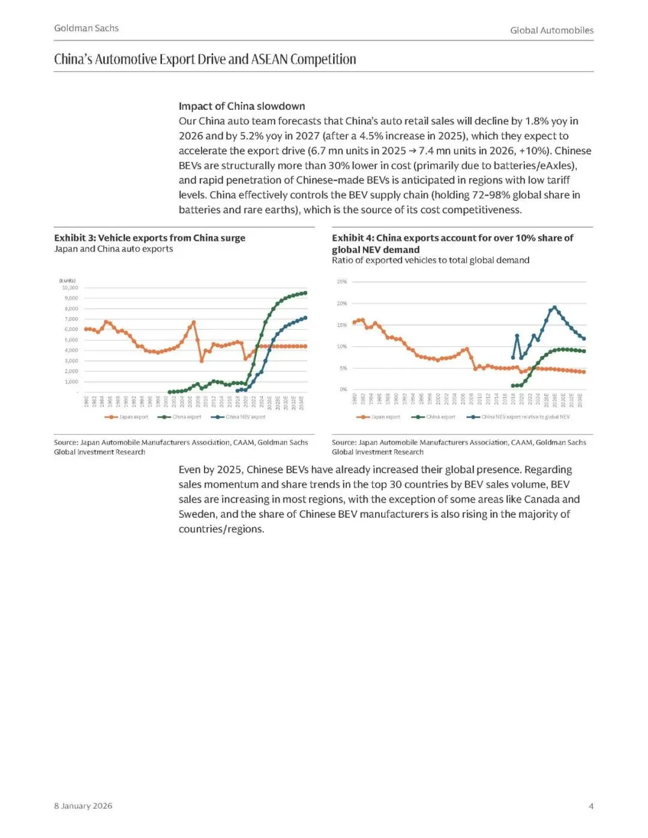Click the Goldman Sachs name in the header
pyautogui.click(x=86, y=28)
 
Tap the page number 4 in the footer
pyautogui.click(x=590, y=806)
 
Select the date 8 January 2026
pyautogui.click(x=83, y=806)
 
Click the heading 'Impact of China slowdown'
pyautogui.click(x=242, y=106)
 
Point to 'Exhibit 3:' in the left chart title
pyautogui.click(x=74, y=238)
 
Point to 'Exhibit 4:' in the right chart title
pyautogui.click(x=353, y=238)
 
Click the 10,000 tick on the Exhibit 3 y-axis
pyautogui.click(x=70, y=288)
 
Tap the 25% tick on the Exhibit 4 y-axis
pyautogui.click(x=341, y=281)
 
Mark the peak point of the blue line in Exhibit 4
pyautogui.click(x=554, y=308)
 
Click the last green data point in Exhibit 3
pyautogui.click(x=305, y=293)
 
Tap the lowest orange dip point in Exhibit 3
pyautogui.click(x=202, y=361)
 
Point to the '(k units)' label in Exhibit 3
pyautogui.click(x=67, y=281)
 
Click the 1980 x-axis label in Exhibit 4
pyautogui.click(x=355, y=398)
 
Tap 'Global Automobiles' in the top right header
pyautogui.click(x=551, y=30)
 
